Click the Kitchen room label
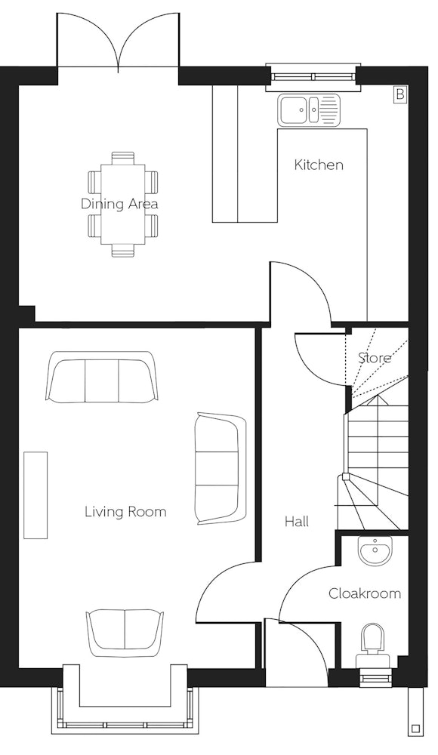click(x=319, y=165)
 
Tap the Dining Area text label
click(x=119, y=204)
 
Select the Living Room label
click(x=125, y=511)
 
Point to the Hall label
click(x=296, y=522)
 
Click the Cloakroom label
click(x=364, y=593)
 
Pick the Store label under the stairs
click(x=375, y=358)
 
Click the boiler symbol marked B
click(x=400, y=94)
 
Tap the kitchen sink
click(x=308, y=110)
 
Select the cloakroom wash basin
click(x=375, y=551)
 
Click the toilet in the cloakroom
click(x=372, y=646)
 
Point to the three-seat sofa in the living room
click(x=101, y=377)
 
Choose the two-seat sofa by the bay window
click(x=125, y=633)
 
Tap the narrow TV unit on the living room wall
click(x=35, y=495)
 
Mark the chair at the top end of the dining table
click(x=123, y=158)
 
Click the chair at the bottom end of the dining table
click(x=123, y=251)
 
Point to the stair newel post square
click(x=345, y=477)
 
